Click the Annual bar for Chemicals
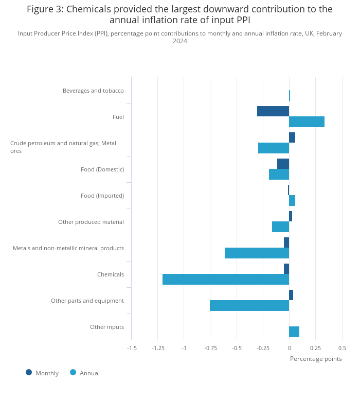(226, 280)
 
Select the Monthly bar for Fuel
(273, 111)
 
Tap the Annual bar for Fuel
(307, 121)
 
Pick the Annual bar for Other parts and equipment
(249, 306)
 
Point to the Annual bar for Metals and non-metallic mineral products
(257, 253)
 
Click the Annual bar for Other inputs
(294, 332)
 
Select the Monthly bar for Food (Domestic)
(283, 164)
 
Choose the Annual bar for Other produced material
(280, 227)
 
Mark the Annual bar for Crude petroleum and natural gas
(274, 148)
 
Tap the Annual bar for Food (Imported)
(292, 201)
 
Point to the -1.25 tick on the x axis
(158, 348)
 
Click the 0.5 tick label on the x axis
(342, 348)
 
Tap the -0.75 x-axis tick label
(210, 348)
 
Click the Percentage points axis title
(316, 359)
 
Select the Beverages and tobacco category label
(93, 91)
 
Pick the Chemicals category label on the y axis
(111, 274)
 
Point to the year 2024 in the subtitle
(180, 41)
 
